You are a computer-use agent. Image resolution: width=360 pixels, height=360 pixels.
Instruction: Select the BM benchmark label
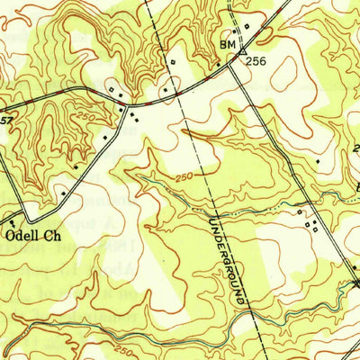225,44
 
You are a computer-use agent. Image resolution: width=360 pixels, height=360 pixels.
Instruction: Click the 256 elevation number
257,62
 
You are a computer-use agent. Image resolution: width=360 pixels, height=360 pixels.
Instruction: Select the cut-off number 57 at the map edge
4,119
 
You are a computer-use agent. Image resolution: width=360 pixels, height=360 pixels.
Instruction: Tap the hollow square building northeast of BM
246,29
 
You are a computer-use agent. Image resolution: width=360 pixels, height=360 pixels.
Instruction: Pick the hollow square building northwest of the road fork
110,90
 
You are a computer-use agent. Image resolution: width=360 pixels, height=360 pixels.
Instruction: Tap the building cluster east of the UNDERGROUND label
310,220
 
